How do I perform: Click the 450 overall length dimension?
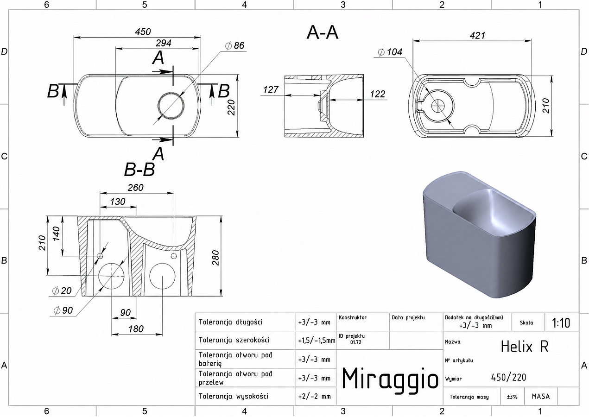(x=143, y=32)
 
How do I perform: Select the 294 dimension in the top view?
(x=164, y=43)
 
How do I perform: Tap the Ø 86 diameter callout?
(x=234, y=45)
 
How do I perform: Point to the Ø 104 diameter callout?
(x=390, y=52)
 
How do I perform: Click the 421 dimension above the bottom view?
(x=477, y=35)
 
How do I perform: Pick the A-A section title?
(x=323, y=33)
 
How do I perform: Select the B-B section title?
(x=139, y=169)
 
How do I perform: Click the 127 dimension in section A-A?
(x=271, y=90)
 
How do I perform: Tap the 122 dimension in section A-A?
(x=377, y=94)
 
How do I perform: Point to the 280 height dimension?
(x=215, y=258)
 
